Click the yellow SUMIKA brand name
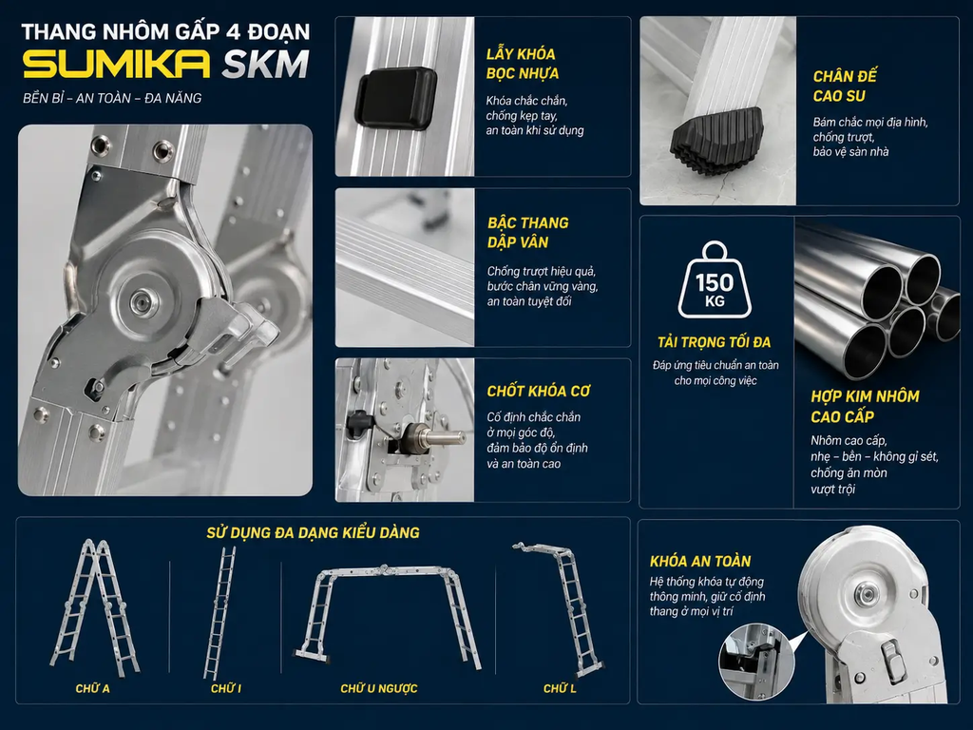117,65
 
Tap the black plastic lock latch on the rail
396,99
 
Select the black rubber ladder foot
716,139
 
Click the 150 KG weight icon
715,280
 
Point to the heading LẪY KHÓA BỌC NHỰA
522,64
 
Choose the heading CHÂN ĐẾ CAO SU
845,86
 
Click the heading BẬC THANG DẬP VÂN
527,232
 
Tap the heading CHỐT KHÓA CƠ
538,391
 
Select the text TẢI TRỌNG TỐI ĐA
715,342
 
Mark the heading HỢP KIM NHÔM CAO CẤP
865,407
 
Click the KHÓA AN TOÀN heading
700,561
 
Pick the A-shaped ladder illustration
94,607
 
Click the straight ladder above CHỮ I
220,613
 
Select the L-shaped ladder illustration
558,609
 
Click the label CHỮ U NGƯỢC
378,688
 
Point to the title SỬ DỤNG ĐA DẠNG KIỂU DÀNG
313,532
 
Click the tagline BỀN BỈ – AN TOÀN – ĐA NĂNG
112,98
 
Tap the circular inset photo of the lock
757,663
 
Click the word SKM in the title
266,65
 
